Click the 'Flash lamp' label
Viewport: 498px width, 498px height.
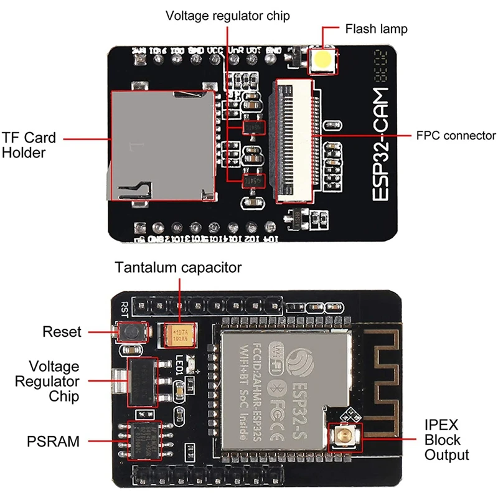tap(377, 29)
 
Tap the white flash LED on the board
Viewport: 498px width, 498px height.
tap(323, 60)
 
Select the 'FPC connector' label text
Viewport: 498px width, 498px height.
tap(456, 136)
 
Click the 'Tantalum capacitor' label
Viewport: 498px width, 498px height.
tap(178, 268)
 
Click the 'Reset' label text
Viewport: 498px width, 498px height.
tap(62, 332)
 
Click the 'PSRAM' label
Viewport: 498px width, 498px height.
tap(54, 442)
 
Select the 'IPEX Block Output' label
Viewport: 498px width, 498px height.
tap(446, 440)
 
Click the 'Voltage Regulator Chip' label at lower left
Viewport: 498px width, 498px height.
tap(55, 381)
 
